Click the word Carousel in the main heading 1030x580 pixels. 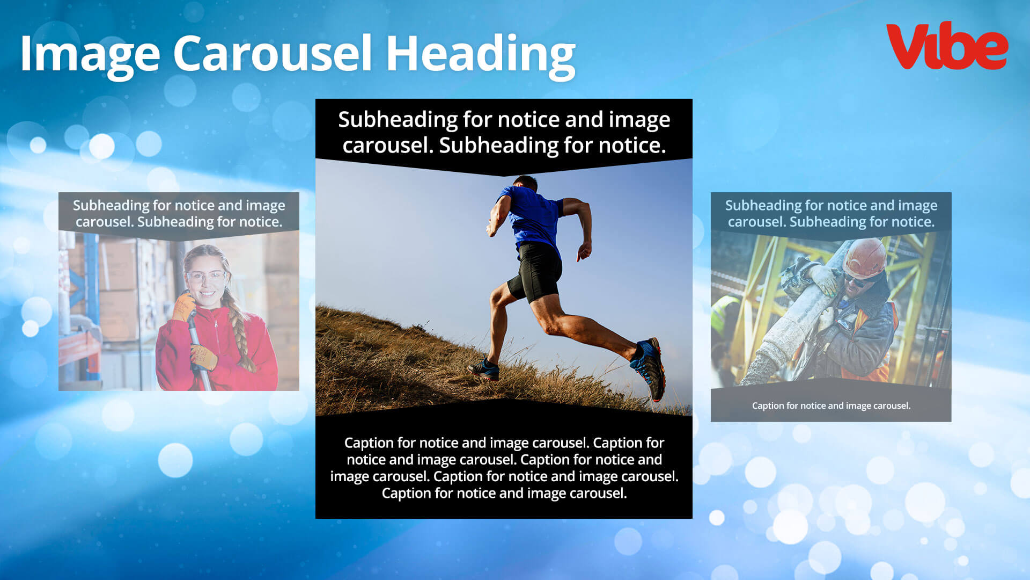[273, 53]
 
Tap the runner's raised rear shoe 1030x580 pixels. [650, 368]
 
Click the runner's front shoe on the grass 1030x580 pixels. [484, 369]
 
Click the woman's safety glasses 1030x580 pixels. [207, 277]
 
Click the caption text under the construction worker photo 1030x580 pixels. [831, 405]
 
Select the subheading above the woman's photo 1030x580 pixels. [179, 213]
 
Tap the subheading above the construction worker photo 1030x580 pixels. [831, 213]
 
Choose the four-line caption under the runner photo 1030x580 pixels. [504, 468]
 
